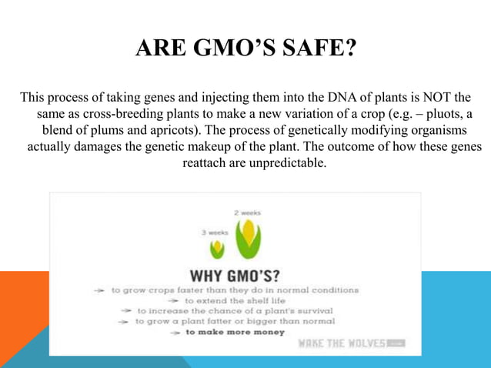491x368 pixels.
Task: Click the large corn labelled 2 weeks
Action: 248,239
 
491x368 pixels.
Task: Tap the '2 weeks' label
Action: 247,211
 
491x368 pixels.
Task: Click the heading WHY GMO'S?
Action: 234,275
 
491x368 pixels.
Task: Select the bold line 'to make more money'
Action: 235,332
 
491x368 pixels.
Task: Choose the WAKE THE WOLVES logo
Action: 350,343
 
